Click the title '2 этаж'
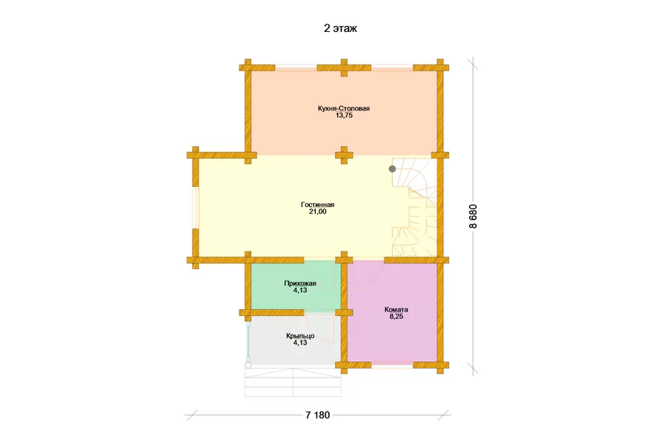coord(340,28)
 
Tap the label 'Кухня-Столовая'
coord(344,108)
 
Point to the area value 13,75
coord(344,116)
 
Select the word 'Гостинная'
coord(317,205)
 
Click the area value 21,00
coord(317,211)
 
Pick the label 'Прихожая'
coord(300,283)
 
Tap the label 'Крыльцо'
coord(300,335)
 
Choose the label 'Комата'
coord(396,309)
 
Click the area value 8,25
coord(396,317)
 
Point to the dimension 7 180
coord(317,415)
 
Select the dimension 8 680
coord(473,217)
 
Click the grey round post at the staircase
coord(392,169)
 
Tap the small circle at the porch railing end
coord(248,365)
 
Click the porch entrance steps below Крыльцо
coord(293,383)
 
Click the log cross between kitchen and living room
coord(344,156)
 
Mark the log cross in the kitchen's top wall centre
coord(344,67)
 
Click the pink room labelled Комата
coord(393,312)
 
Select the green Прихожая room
coord(296,286)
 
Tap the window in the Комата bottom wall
coord(392,364)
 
